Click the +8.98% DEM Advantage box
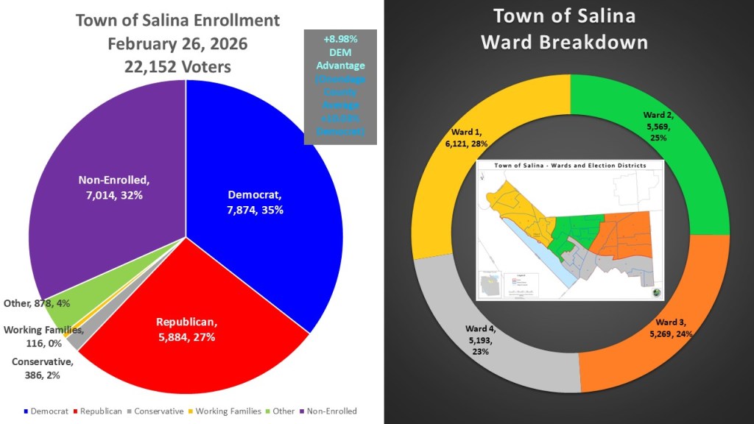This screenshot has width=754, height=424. [339, 86]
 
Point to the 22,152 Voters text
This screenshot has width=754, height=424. [177, 66]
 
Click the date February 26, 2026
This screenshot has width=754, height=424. [177, 43]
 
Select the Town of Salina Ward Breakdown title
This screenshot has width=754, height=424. [565, 29]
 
